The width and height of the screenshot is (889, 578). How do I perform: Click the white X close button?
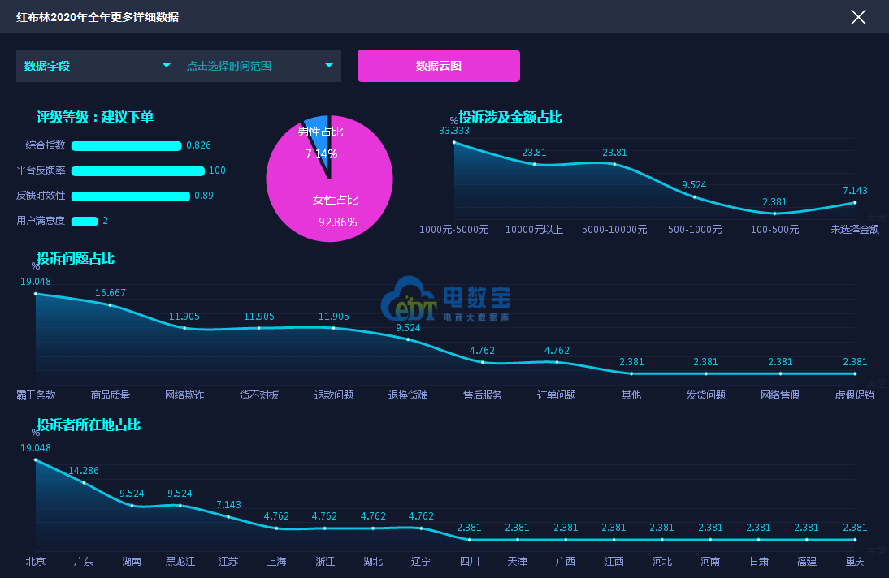(x=858, y=17)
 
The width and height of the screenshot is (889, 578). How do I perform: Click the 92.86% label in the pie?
(x=337, y=222)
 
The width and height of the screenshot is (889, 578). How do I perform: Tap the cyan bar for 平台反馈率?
(x=137, y=171)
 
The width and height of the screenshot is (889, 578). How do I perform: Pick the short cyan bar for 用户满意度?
(x=85, y=221)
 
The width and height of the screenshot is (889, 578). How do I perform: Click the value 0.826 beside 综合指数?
(x=198, y=146)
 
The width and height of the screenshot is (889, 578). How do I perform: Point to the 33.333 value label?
(x=454, y=131)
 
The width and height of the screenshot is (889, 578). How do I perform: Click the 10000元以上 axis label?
(x=534, y=230)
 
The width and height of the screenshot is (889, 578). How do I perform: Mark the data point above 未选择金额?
(x=855, y=202)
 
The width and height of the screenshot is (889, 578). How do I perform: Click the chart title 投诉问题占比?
(x=76, y=259)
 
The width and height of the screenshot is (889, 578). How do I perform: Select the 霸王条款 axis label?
(x=36, y=395)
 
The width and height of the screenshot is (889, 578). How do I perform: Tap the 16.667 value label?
(x=111, y=293)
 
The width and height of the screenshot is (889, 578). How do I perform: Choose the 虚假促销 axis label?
(x=855, y=395)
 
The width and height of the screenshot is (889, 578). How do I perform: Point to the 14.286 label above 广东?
(x=84, y=471)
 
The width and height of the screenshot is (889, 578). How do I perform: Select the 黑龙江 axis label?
(x=180, y=562)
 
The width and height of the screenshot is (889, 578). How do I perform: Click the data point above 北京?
(x=36, y=459)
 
